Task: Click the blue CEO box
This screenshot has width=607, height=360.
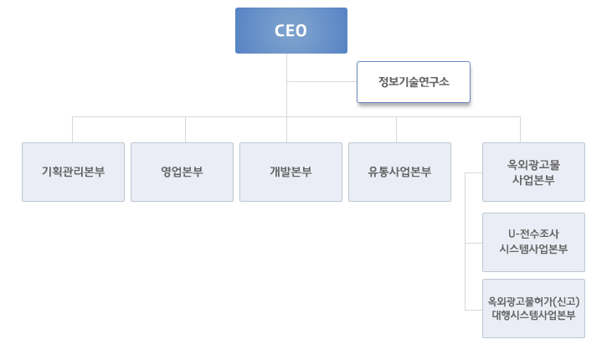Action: (x=291, y=31)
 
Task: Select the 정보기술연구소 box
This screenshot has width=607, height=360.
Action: (x=414, y=82)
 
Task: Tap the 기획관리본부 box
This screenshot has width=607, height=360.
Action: (x=73, y=172)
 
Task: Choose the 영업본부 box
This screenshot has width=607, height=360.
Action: (x=182, y=172)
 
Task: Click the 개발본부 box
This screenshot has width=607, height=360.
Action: (x=291, y=172)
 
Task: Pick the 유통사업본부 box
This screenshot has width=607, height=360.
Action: (x=399, y=172)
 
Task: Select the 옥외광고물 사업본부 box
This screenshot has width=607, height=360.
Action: (x=533, y=172)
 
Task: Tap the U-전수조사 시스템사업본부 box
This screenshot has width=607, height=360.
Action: (x=533, y=241)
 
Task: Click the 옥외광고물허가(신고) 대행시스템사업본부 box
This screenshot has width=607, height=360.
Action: (x=533, y=308)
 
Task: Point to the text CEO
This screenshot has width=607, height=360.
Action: (x=291, y=31)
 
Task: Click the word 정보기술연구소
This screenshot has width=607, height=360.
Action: (x=414, y=82)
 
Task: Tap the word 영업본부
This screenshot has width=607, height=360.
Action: (x=182, y=172)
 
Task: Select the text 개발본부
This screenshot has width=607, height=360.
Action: (x=291, y=172)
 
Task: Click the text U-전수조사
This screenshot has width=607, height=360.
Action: (x=533, y=234)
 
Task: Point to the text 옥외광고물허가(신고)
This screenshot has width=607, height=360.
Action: (x=533, y=301)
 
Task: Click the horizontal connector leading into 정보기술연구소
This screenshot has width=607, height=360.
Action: (x=322, y=82)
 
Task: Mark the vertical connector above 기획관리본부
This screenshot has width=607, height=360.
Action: (x=73, y=130)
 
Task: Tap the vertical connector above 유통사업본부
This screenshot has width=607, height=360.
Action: (x=396, y=130)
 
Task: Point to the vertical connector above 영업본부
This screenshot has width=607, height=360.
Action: (x=185, y=130)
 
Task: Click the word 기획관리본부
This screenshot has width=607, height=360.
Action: (x=73, y=172)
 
